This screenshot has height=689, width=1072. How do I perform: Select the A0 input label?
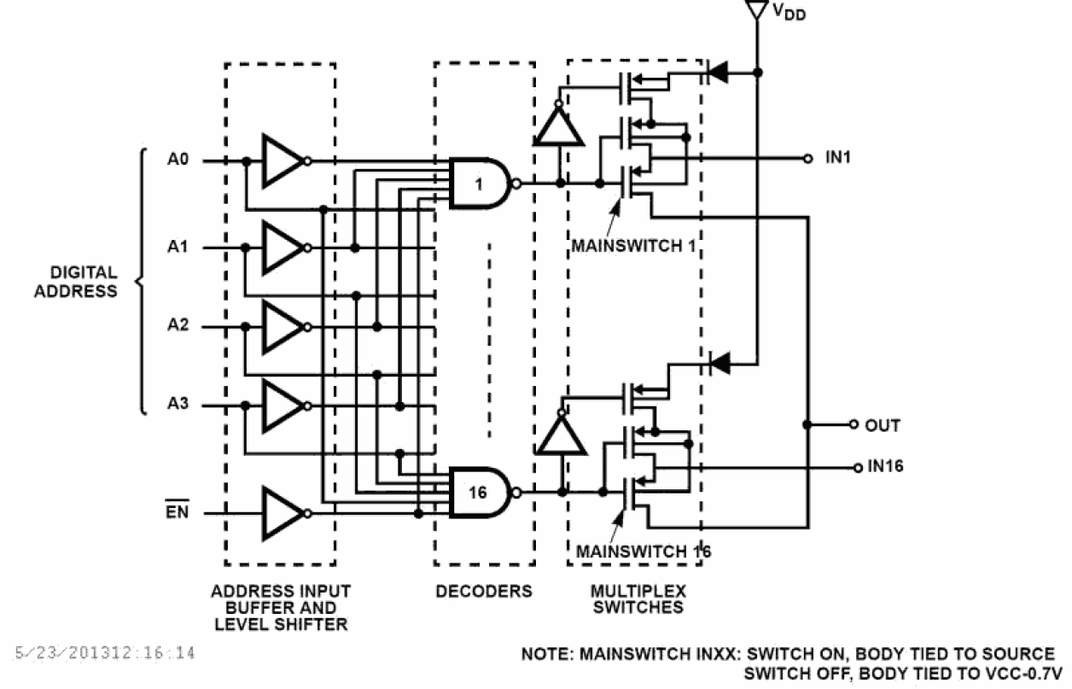(178, 159)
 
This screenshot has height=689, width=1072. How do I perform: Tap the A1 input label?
(178, 247)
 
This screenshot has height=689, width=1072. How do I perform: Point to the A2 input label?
(178, 325)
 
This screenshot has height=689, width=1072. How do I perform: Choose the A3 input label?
(178, 405)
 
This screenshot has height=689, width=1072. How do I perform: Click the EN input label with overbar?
(177, 513)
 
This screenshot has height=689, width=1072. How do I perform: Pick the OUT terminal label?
(882, 424)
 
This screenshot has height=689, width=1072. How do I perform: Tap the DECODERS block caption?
(483, 591)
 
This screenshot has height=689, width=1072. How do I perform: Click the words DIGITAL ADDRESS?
(84, 282)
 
